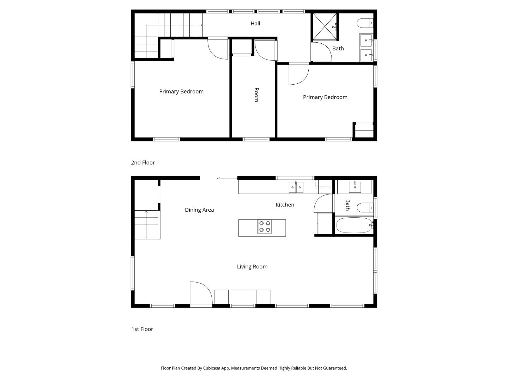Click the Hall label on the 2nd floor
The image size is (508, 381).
(x=255, y=24)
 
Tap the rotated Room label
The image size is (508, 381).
(x=256, y=95)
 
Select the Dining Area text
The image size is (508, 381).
(x=199, y=210)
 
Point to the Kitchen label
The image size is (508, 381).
(x=285, y=205)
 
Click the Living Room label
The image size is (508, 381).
(x=252, y=267)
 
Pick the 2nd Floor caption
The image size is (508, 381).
(x=143, y=163)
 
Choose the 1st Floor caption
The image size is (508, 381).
(x=142, y=329)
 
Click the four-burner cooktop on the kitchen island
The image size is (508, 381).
(x=265, y=226)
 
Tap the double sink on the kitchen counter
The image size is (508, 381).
(x=296, y=187)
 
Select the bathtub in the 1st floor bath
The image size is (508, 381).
(x=354, y=225)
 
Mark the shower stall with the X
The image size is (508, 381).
(x=325, y=27)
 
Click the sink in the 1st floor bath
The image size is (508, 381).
(x=355, y=187)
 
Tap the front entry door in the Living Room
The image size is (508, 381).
(x=200, y=294)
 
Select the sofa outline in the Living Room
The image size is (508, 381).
(x=242, y=297)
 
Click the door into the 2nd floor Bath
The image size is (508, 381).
(x=322, y=52)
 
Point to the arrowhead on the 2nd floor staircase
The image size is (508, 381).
(x=201, y=25)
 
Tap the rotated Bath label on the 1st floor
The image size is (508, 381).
(x=347, y=205)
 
